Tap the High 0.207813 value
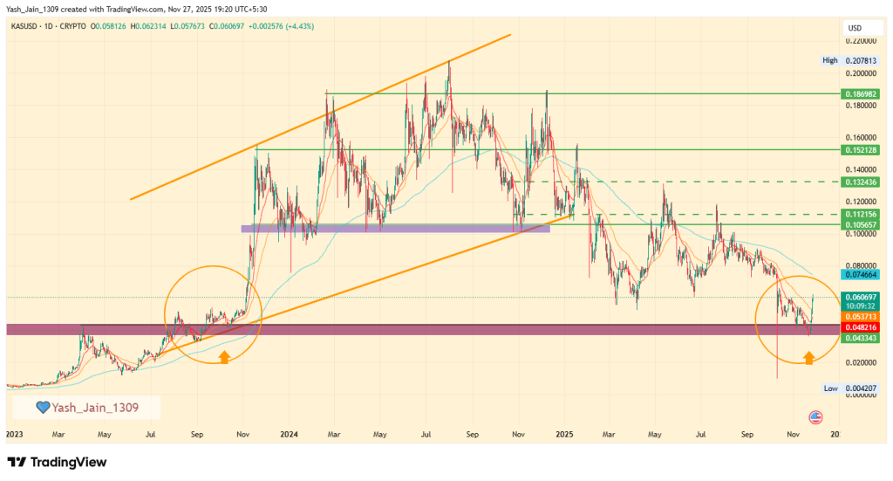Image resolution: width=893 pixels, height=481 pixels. coord(859,60)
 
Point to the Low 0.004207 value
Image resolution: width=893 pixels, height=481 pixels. coord(859,388)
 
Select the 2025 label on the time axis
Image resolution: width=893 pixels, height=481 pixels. coord(564,433)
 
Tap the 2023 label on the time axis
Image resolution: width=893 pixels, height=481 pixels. coord(14,433)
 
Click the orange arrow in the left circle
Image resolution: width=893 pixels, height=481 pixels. coord(224,356)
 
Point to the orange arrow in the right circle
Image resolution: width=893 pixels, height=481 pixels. coord(808,356)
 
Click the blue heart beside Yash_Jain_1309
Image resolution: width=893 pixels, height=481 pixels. coord(41,407)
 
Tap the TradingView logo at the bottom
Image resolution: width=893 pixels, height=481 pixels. coord(57,462)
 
